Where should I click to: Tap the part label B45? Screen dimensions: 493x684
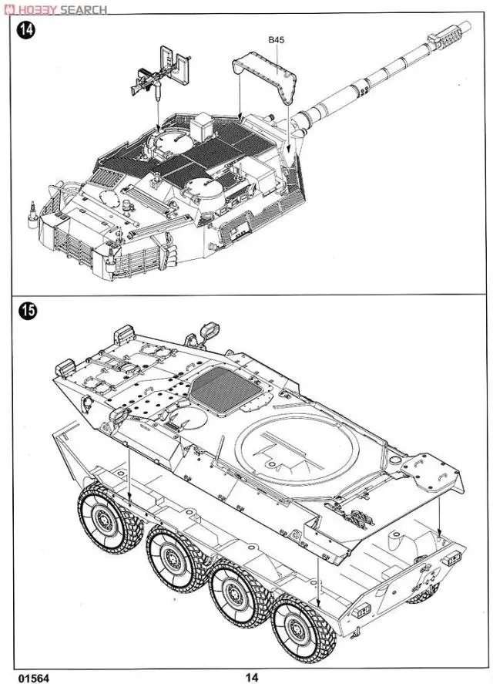point(277,39)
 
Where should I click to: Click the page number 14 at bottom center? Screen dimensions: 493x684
point(252,677)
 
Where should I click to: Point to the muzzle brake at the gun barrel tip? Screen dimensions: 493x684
point(450,32)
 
